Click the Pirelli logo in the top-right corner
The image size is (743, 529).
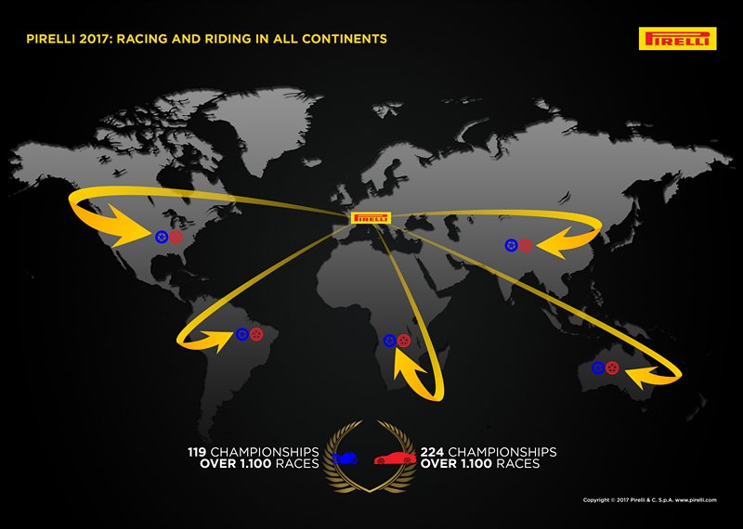point(677,38)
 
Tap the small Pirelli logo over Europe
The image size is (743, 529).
point(371,218)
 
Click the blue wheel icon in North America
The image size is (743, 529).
point(162,237)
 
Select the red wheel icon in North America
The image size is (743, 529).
point(176,237)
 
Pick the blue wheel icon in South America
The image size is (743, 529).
point(242,334)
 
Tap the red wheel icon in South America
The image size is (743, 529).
point(256,334)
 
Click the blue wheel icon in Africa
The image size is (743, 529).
point(389,341)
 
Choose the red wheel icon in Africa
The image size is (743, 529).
point(404,341)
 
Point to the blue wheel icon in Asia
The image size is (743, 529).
point(511,245)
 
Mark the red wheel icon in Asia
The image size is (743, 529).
point(525,245)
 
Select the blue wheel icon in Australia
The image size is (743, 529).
point(598,368)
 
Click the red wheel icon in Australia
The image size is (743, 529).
point(612,368)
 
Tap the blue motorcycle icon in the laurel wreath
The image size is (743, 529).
point(345,458)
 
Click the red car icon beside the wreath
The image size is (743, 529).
point(396,458)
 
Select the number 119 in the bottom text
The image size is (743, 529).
point(197,452)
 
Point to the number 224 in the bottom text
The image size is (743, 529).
point(432,452)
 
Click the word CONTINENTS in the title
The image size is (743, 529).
point(345,39)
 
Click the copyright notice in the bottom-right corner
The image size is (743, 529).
point(649,500)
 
